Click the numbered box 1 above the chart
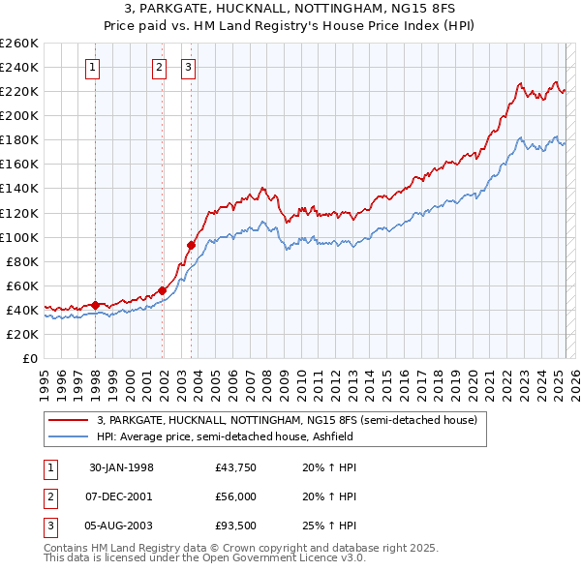click(x=92, y=67)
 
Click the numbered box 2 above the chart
click(x=159, y=67)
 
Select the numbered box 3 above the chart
click(x=187, y=67)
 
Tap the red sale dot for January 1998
click(x=96, y=305)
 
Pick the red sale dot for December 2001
click(x=163, y=290)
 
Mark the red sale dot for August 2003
click(x=191, y=245)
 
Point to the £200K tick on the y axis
click(x=19, y=115)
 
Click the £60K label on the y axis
click(x=22, y=285)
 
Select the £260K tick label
click(x=19, y=43)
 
